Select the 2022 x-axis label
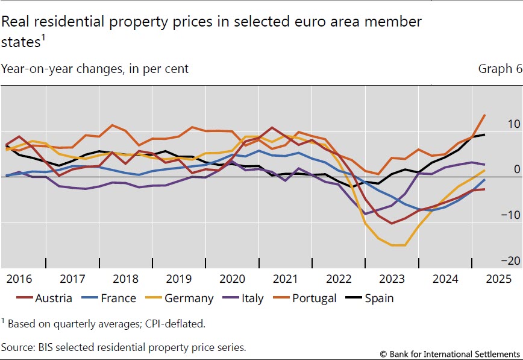[338, 279]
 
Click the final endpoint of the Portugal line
[485, 115]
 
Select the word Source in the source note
[18, 347]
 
